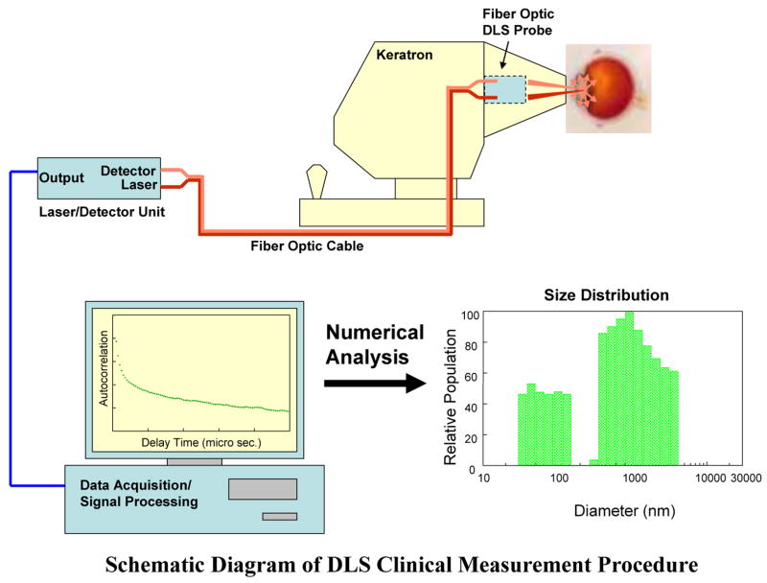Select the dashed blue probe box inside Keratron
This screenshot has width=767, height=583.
pyautogui.click(x=506, y=90)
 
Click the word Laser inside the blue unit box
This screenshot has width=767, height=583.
pyautogui.click(x=138, y=184)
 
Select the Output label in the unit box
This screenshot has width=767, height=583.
pyautogui.click(x=61, y=177)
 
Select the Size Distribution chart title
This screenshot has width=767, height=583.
pyautogui.click(x=606, y=294)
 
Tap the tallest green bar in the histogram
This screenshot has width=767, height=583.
pyautogui.click(x=629, y=388)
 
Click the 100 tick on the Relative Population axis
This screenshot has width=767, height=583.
pyautogui.click(x=470, y=314)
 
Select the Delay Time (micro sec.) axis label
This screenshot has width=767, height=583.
pyautogui.click(x=200, y=443)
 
